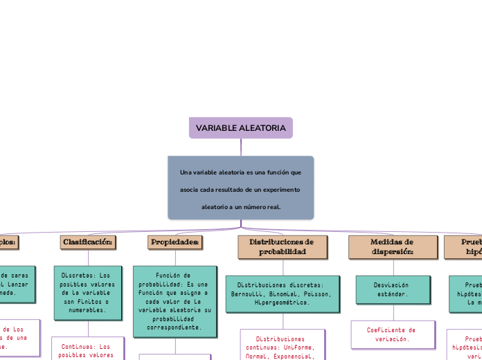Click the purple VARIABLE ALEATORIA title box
(240, 128)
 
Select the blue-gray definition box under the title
(240, 188)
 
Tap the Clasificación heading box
(88, 242)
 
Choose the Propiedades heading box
(175, 242)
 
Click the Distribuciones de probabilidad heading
(281, 247)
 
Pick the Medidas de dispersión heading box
(392, 247)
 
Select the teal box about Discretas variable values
(88, 293)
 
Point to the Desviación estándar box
(392, 289)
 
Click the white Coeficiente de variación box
(392, 334)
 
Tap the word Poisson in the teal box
(317, 294)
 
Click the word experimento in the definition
(279, 189)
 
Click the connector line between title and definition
(241, 147)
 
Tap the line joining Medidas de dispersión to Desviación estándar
(392, 267)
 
